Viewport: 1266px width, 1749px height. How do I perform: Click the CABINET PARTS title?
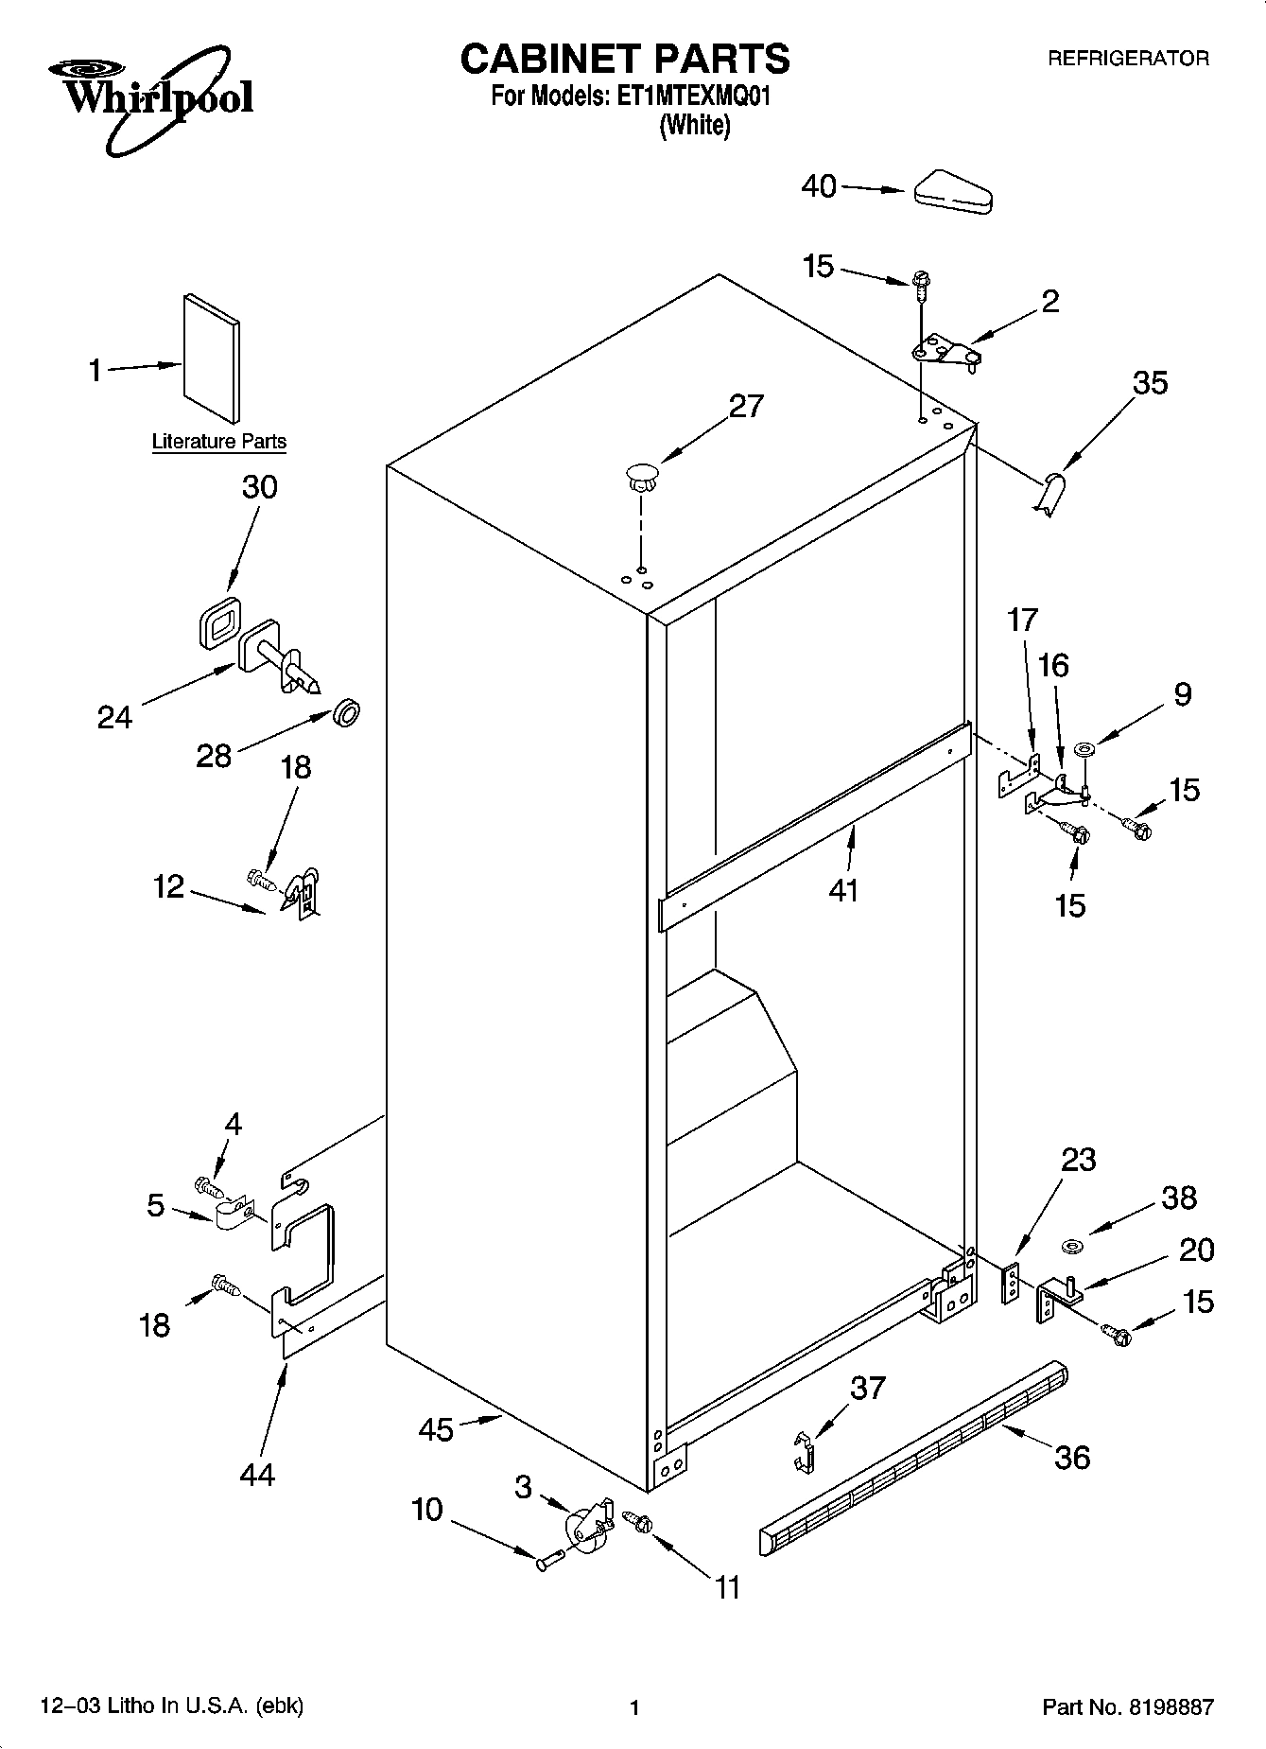pos(624,59)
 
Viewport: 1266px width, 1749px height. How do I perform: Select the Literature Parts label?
pos(219,442)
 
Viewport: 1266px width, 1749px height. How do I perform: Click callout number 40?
pos(819,186)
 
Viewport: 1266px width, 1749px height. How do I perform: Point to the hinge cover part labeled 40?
pos(953,192)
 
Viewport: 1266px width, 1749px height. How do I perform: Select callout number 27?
pos(746,406)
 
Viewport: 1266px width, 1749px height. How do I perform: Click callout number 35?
pos(1151,383)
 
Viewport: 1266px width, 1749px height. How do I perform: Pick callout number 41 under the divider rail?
pos(843,890)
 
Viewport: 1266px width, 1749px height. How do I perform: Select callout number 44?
pos(257,1474)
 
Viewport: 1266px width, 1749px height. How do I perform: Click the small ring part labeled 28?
pos(347,711)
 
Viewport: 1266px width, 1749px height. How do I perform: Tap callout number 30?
pos(260,487)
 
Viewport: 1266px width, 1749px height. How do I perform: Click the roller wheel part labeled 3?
pos(585,1524)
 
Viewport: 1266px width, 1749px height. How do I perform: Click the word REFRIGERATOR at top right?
pos(1127,59)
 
